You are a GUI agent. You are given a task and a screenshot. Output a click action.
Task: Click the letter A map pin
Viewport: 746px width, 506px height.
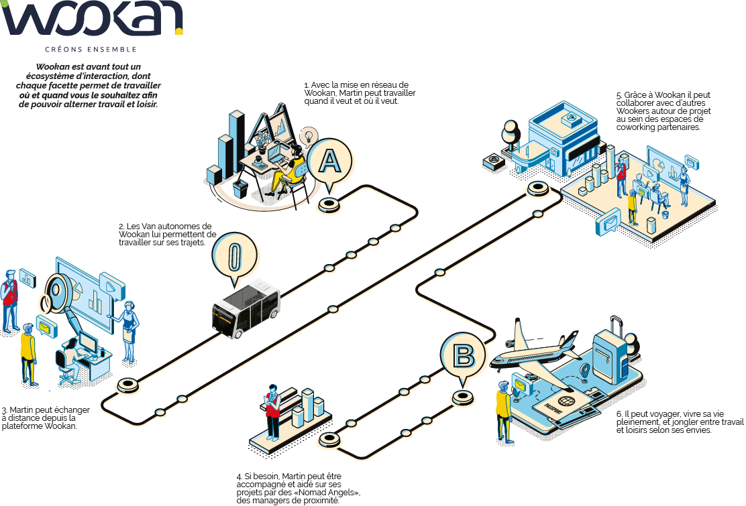[329, 161]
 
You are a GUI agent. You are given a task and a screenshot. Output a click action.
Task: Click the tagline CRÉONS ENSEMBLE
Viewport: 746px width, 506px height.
[91, 50]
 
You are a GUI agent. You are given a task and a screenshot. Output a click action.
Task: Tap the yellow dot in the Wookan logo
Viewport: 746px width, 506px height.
[179, 30]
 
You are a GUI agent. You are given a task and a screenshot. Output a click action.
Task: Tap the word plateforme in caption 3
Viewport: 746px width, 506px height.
[23, 426]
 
